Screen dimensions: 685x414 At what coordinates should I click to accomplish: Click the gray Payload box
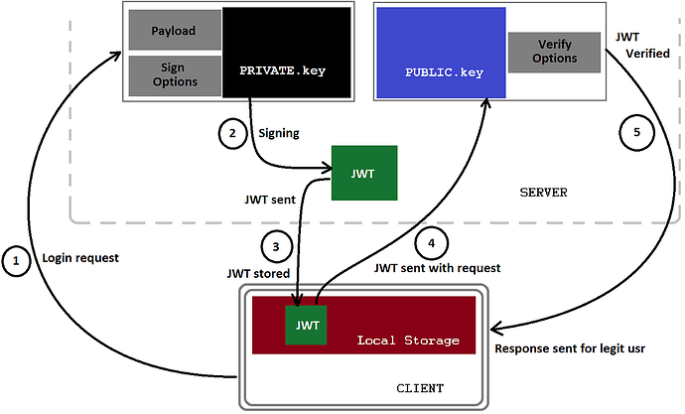(x=175, y=30)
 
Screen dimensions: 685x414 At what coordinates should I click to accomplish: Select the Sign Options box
(x=175, y=75)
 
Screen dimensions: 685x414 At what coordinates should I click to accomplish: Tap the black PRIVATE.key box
(x=287, y=53)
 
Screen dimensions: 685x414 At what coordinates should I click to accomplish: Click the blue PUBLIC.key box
(x=441, y=53)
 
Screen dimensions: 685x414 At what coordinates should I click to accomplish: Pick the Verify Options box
(x=554, y=52)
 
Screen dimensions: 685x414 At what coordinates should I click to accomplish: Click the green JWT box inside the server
(x=364, y=173)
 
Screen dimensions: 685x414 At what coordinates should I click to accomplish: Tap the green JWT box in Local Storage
(x=306, y=325)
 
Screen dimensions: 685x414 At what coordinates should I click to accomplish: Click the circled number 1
(x=16, y=261)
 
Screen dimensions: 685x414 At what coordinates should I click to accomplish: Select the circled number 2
(x=232, y=133)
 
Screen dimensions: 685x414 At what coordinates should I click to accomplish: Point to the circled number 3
(x=276, y=247)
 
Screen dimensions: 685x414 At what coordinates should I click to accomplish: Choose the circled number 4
(x=432, y=243)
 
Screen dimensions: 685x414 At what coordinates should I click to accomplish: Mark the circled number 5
(x=637, y=132)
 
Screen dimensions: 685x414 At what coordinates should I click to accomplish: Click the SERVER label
(x=543, y=193)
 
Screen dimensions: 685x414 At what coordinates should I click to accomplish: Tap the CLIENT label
(x=420, y=388)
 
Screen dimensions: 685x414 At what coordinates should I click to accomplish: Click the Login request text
(x=80, y=258)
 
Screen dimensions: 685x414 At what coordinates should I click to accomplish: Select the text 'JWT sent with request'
(x=437, y=268)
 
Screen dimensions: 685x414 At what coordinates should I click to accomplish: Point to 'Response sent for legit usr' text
(x=570, y=348)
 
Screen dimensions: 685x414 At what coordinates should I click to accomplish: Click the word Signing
(x=279, y=133)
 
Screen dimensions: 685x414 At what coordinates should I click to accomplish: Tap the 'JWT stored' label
(x=258, y=274)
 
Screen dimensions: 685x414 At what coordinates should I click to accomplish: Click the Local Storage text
(x=408, y=341)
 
